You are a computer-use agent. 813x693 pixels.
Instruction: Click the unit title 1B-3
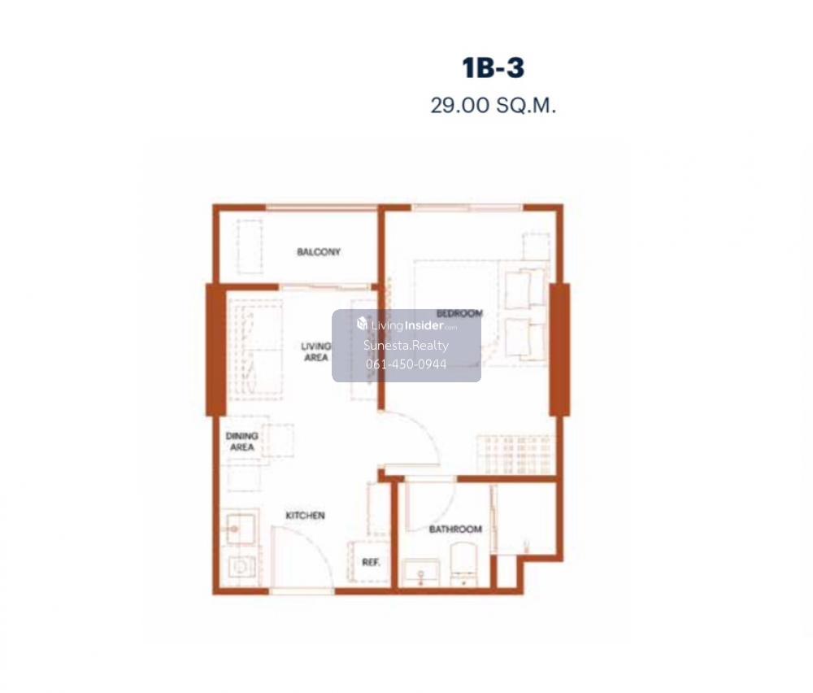point(493,68)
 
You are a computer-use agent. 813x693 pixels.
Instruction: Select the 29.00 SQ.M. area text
point(493,105)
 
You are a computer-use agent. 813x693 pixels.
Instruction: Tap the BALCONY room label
point(319,252)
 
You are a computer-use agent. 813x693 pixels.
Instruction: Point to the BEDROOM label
point(459,313)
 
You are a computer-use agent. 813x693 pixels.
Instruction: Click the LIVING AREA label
point(315,351)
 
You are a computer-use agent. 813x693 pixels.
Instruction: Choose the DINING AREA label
point(241,442)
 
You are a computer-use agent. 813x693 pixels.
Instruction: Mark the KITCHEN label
point(305,515)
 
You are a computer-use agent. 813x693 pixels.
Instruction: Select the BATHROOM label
point(455,529)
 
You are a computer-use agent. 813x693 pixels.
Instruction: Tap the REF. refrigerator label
point(371,562)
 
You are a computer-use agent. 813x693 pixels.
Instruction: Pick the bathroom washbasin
point(421,573)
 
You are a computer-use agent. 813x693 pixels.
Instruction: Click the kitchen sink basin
point(239,529)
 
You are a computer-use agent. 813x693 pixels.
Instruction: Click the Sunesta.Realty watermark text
point(406,346)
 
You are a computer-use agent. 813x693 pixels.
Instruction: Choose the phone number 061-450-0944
point(406,364)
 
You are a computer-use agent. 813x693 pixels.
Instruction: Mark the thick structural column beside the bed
point(559,350)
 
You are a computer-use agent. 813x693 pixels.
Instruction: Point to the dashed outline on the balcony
point(250,246)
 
